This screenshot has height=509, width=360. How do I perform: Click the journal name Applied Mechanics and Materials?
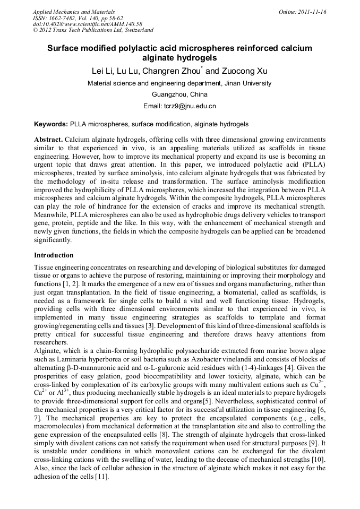point(74,12)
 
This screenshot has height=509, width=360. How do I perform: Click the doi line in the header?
point(88,24)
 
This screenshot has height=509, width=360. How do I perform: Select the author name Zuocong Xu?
point(245,71)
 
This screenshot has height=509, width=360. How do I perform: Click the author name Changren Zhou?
point(174,71)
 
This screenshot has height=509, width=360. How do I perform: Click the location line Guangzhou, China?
point(179,94)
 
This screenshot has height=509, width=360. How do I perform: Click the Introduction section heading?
point(54,255)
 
